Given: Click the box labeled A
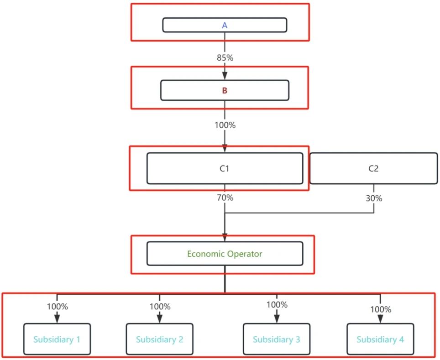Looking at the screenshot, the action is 225,25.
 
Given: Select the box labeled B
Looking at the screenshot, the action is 225,90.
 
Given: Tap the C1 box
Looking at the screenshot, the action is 225,168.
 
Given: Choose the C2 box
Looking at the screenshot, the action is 373,168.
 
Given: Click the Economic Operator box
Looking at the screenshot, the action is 225,254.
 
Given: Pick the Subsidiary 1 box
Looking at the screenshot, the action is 57,339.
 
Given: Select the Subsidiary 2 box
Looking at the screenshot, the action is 160,339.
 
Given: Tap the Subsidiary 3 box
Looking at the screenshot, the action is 277,339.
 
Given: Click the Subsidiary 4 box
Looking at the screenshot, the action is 380,339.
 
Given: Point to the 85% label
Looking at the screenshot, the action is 225,58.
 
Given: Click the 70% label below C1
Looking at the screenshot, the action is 225,198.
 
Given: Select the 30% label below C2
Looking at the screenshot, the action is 374,198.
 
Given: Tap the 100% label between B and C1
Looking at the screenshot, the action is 225,125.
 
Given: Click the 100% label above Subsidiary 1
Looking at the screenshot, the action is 57,307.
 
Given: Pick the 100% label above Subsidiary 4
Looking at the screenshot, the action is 381,309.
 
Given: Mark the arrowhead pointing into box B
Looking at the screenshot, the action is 225,76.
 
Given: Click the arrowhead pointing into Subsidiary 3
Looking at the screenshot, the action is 277,319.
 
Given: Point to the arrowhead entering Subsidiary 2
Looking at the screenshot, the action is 160,319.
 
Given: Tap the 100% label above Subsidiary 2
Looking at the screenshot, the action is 160,307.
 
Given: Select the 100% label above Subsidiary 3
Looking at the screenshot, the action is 277,305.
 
